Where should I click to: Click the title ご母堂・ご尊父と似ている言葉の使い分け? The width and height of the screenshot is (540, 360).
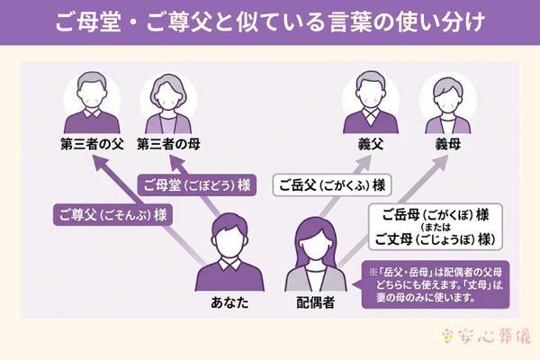click(270, 19)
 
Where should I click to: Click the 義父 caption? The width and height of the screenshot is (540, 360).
click(371, 144)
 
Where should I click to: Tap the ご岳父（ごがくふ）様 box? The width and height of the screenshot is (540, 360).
click(331, 185)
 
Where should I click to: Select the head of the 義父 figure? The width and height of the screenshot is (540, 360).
click(371, 87)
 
